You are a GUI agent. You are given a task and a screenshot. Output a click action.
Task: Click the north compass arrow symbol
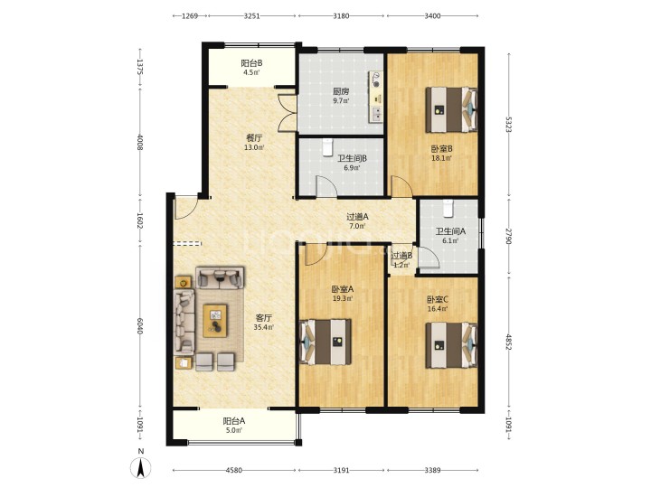pos(141,468)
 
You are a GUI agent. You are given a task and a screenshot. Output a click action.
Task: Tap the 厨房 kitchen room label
pos(341,91)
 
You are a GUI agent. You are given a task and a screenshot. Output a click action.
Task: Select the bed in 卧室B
pos(451,109)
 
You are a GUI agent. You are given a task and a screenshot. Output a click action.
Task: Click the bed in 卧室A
pos(325,342)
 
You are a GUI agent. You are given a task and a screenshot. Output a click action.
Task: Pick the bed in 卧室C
pos(451,345)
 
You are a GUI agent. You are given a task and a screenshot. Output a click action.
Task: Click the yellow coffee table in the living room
pos(215,321)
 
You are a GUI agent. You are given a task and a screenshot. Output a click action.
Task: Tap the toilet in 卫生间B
pos(328,147)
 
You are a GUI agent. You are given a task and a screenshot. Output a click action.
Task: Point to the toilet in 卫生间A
pos(448,209)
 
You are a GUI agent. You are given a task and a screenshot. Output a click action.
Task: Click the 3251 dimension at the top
pos(252,15)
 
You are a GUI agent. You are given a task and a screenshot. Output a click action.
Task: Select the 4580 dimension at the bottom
pos(234,470)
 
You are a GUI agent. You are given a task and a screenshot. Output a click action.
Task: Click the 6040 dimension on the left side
pos(140,326)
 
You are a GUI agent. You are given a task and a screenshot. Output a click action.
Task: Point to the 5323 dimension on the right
pos(508,124)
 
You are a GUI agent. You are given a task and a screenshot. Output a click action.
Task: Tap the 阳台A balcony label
pos(234,421)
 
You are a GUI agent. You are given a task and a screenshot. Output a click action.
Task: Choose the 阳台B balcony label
pos(251,63)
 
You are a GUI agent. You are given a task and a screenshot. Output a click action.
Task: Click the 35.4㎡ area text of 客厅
pos(263,327)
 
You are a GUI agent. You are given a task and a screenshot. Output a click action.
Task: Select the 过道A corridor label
pos(357,217)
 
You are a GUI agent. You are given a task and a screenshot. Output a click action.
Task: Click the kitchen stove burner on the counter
pos(376,80)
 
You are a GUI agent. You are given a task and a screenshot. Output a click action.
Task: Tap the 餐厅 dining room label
pos(254,137)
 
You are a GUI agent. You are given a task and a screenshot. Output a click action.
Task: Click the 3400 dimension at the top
pos(432,15)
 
